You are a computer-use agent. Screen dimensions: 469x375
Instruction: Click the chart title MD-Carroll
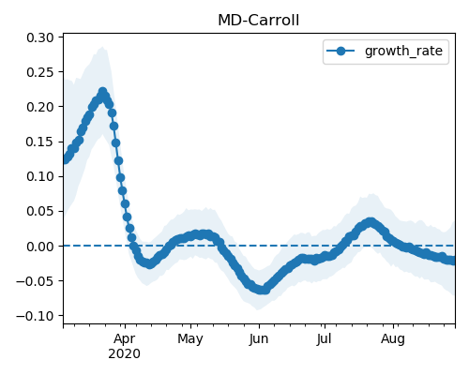click(258, 21)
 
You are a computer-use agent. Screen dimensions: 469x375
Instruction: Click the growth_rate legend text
click(403, 51)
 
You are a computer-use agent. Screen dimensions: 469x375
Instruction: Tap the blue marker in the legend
click(340, 51)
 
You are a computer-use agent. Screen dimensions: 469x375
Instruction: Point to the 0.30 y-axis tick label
click(40, 37)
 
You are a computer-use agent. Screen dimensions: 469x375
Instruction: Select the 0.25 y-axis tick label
click(40, 72)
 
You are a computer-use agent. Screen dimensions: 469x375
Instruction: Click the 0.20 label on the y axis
click(40, 107)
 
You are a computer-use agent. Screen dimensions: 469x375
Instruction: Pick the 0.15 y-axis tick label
click(40, 142)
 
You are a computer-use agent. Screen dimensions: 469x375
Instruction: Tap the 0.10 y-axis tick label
click(40, 176)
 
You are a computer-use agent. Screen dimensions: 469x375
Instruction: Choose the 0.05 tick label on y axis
click(40, 211)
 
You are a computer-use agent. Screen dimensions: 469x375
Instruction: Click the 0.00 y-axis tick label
click(40, 247)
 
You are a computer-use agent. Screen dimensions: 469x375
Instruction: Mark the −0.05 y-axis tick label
click(36, 281)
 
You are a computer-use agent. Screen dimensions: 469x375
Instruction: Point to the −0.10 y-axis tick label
click(36, 316)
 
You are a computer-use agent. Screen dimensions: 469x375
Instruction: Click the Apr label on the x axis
click(125, 339)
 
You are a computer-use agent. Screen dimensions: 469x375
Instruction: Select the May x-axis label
click(190, 339)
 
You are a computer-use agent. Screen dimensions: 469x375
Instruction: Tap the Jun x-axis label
click(259, 339)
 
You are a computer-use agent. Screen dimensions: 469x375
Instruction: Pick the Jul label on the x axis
click(324, 339)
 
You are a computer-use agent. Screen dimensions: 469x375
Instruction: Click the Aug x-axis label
click(393, 339)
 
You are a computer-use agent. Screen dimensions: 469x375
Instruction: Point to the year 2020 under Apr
click(124, 354)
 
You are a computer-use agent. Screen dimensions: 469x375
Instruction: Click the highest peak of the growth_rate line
click(102, 92)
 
